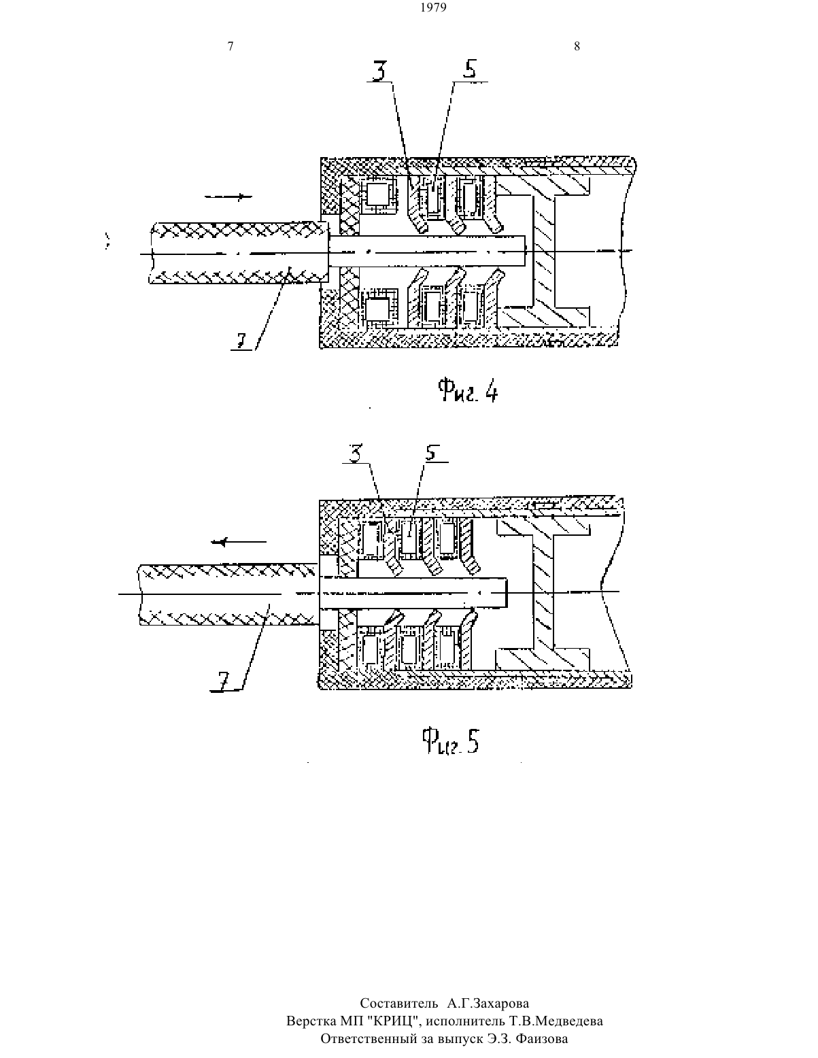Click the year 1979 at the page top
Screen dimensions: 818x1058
coord(433,7)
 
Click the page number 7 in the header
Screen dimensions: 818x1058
coord(231,46)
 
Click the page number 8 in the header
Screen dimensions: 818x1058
coord(577,46)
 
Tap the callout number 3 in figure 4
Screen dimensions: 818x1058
coord(379,70)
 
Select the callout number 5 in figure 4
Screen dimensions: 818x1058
coord(469,69)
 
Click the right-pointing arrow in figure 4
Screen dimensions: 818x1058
coord(228,197)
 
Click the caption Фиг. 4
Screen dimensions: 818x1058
coord(467,390)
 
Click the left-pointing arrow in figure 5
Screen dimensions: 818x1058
coord(239,542)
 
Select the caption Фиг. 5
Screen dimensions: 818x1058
coord(450,741)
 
